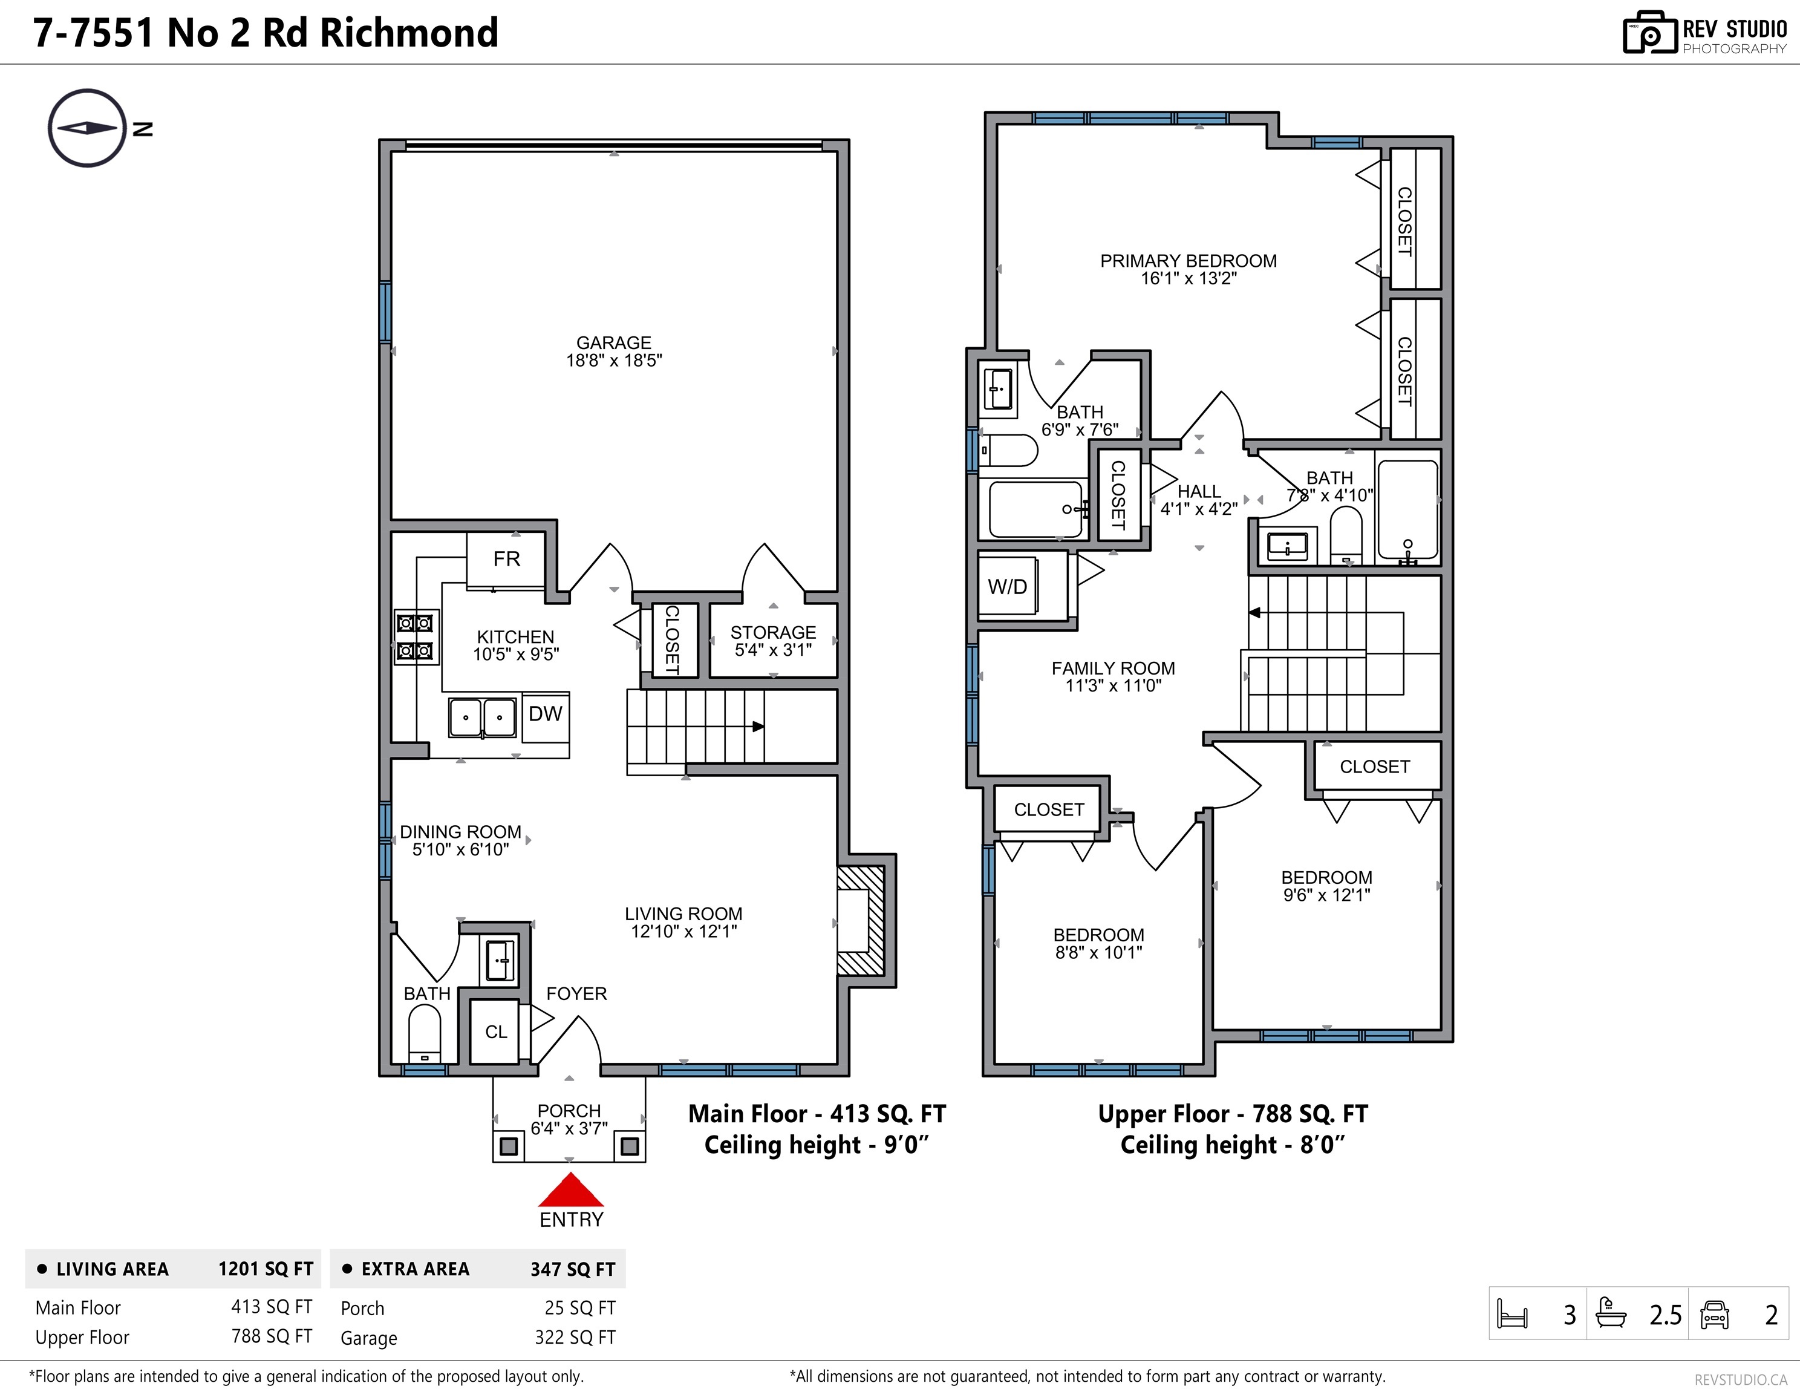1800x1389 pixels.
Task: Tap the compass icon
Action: click(x=87, y=128)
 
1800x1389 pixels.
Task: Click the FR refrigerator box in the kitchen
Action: click(x=506, y=560)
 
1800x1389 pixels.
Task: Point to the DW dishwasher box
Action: click(x=545, y=714)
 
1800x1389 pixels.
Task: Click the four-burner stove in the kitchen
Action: click(x=416, y=637)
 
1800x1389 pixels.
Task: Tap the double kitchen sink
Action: click(x=482, y=717)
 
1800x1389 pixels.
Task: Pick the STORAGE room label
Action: click(x=773, y=632)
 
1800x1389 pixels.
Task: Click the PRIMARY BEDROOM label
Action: click(x=1189, y=261)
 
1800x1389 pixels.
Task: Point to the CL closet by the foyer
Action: click(x=495, y=1032)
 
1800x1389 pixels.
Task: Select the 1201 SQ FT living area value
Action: click(x=266, y=1269)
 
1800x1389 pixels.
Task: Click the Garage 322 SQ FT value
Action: click(x=575, y=1337)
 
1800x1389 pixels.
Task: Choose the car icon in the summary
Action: click(x=1714, y=1314)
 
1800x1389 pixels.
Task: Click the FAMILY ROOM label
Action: click(x=1113, y=668)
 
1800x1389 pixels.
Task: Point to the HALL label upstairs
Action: click(x=1199, y=491)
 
